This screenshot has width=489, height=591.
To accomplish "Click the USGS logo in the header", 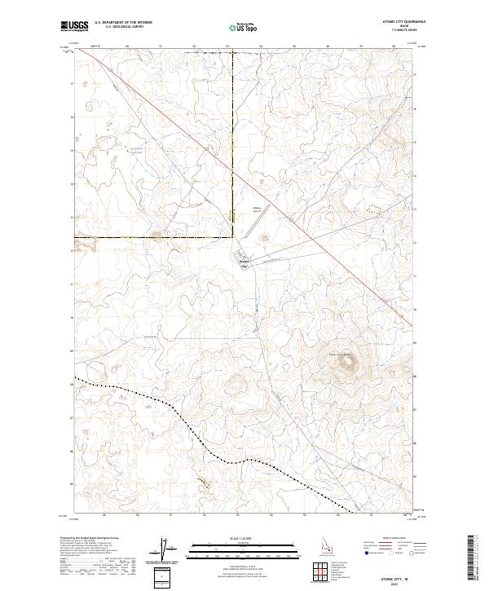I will coord(76,27).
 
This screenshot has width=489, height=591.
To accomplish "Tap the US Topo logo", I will coord(244,27).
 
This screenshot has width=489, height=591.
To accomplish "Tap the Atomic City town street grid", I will coord(245,262).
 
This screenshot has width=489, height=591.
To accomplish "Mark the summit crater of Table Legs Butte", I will coord(348,365).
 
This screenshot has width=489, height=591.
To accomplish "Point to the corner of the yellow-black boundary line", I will coord(232,237).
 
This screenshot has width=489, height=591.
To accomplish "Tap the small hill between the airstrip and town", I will coord(265,238).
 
